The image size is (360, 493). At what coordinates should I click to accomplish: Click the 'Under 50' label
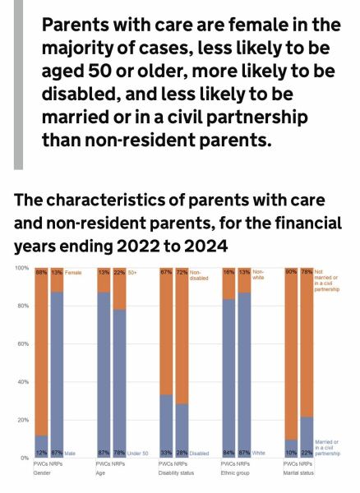pyautogui.click(x=138, y=452)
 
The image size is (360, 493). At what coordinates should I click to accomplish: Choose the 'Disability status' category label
pyautogui.click(x=178, y=473)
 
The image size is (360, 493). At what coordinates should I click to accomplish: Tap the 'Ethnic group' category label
pyautogui.click(x=237, y=473)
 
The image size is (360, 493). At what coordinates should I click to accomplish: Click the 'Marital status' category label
pyautogui.click(x=300, y=473)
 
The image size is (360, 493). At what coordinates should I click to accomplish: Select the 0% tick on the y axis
pyautogui.click(x=24, y=457)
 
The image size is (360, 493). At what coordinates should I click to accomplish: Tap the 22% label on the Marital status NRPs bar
pyautogui.click(x=307, y=452)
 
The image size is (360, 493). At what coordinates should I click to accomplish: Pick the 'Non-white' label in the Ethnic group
pyautogui.click(x=258, y=275)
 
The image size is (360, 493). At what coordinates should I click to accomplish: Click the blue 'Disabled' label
pyautogui.click(x=200, y=452)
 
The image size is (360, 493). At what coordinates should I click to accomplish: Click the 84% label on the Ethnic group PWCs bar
pyautogui.click(x=228, y=452)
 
